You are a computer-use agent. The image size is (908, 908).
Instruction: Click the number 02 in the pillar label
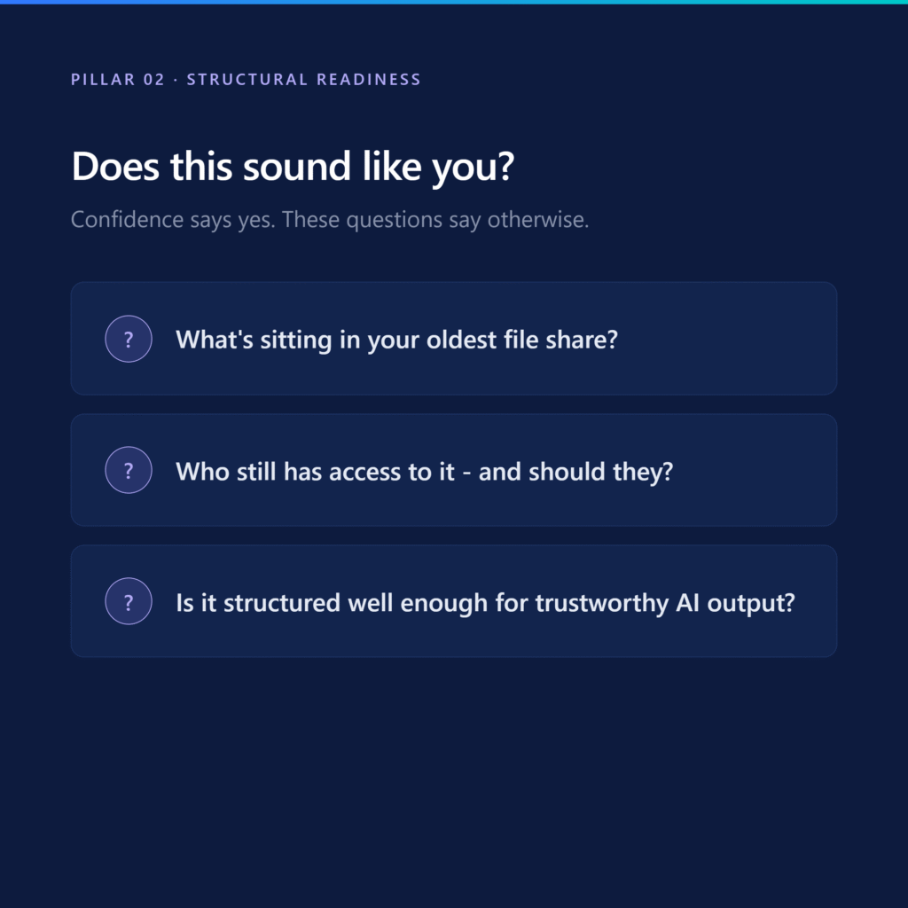[154, 79]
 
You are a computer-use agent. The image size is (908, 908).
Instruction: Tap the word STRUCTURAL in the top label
[247, 79]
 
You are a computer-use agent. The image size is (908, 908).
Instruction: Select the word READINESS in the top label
[369, 79]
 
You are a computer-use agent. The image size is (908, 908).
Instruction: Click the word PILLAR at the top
[103, 79]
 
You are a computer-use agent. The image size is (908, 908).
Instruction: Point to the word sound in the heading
[296, 167]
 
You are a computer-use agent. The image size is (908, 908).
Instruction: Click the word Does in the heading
[115, 167]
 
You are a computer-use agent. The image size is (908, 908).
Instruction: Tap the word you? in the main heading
[474, 169]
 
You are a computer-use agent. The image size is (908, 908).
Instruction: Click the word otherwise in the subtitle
[538, 220]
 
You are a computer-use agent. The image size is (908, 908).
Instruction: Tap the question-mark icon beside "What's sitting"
[129, 339]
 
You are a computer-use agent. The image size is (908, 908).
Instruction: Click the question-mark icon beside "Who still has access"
[129, 470]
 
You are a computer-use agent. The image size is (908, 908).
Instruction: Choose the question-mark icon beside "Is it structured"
[129, 601]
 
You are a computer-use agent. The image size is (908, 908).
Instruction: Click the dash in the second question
[466, 474]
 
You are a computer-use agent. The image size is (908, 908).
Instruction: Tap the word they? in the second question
[644, 472]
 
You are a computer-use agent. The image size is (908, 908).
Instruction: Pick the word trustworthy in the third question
[602, 603]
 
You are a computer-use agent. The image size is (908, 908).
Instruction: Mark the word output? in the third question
[751, 603]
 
